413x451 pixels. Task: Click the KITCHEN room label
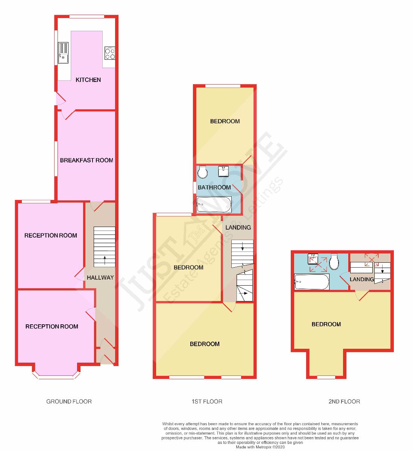[88, 80]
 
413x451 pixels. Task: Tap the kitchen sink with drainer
[63, 53]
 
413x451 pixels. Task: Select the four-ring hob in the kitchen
[110, 53]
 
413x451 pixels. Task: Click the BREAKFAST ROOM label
[87, 160]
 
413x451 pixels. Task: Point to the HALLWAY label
[100, 277]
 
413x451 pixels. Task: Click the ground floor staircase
[104, 246]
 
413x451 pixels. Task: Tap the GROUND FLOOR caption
[69, 401]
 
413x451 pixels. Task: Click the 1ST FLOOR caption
[206, 401]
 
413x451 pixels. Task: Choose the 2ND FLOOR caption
[344, 401]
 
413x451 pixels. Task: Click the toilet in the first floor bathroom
[202, 172]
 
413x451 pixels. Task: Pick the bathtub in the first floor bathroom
[214, 204]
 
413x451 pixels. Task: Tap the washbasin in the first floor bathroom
[225, 171]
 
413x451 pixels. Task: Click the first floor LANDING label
[238, 227]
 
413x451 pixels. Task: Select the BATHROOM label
[214, 187]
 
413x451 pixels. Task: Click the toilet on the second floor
[334, 262]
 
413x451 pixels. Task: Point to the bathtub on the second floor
[312, 281]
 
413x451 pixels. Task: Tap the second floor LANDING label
[361, 279]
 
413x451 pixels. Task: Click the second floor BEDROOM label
[326, 324]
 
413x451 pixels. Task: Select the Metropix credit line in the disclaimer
[260, 447]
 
